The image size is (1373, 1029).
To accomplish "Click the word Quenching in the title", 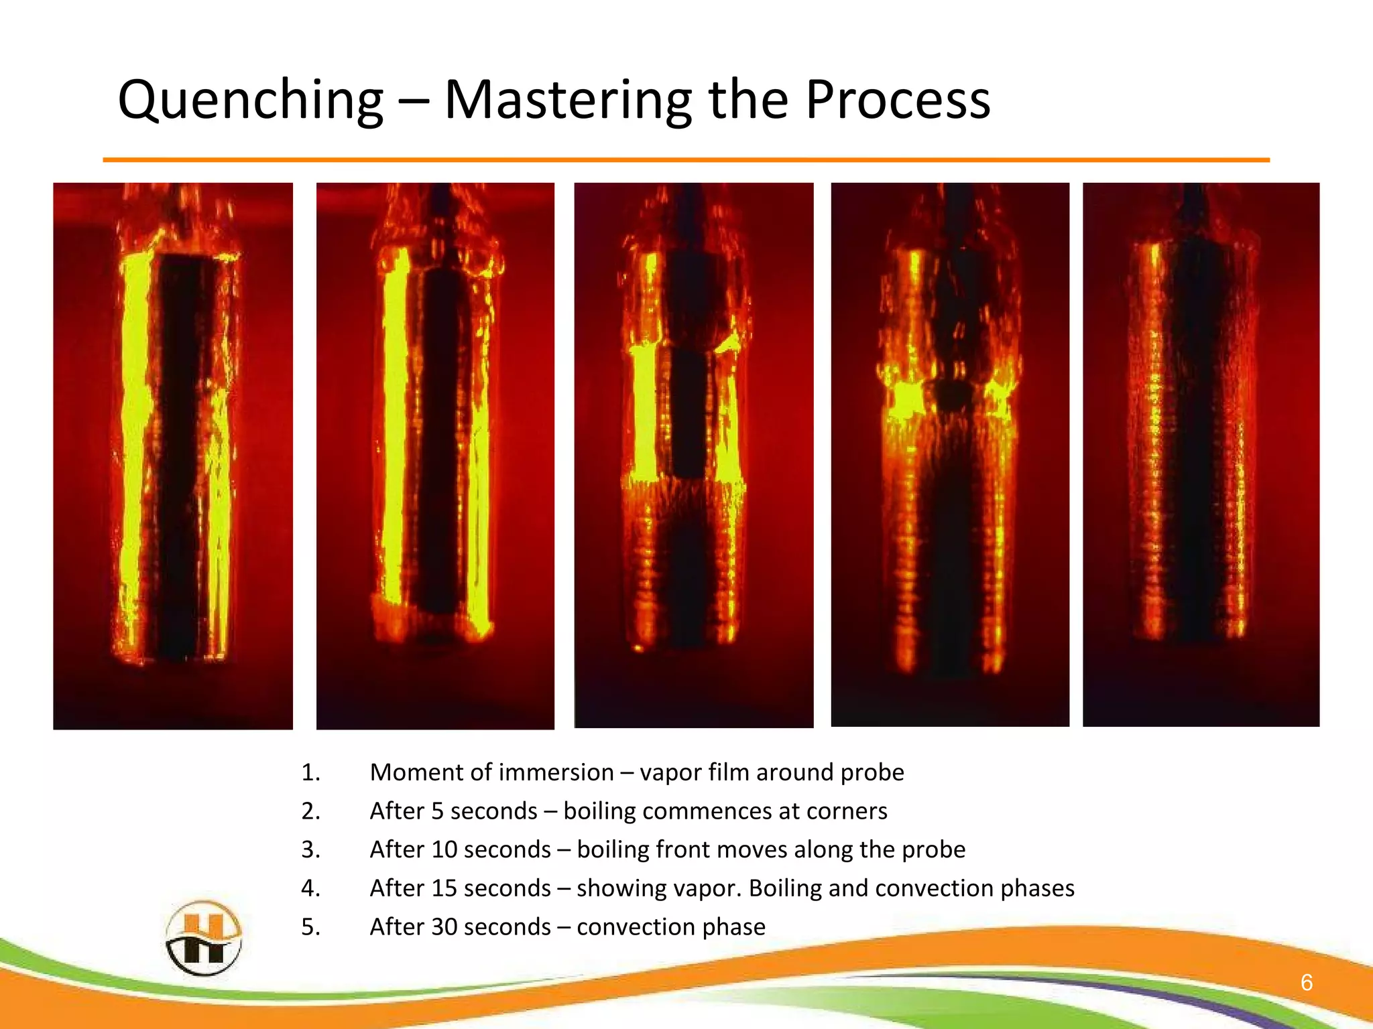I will pyautogui.click(x=250, y=100).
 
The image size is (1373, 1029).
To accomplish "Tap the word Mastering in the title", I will pyautogui.click(x=567, y=100).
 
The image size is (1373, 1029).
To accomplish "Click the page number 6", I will pyautogui.click(x=1306, y=982).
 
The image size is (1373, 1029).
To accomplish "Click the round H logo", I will pyautogui.click(x=203, y=937).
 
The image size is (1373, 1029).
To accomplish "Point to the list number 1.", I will pyautogui.click(x=310, y=772).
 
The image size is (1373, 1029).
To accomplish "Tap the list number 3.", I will pyautogui.click(x=310, y=849).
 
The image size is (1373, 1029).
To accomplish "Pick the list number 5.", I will pyautogui.click(x=310, y=927).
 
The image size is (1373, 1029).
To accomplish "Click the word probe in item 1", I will pyautogui.click(x=872, y=772).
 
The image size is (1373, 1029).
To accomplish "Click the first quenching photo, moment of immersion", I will pyautogui.click(x=173, y=456).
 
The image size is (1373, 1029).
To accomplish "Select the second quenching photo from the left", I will pyautogui.click(x=435, y=456).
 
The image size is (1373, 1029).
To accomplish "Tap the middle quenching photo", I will pyautogui.click(x=694, y=456).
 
